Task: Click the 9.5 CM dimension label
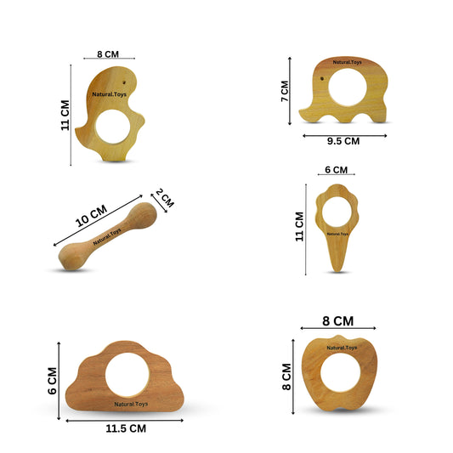click(343, 141)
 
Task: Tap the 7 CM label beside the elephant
click(285, 91)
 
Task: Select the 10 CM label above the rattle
click(91, 216)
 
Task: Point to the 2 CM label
click(165, 198)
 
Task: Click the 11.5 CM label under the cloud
click(126, 428)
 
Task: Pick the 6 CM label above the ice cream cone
click(336, 170)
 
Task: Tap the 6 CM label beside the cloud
click(53, 381)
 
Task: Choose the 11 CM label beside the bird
click(65, 116)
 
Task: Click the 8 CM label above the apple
click(337, 321)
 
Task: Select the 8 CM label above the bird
click(108, 54)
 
